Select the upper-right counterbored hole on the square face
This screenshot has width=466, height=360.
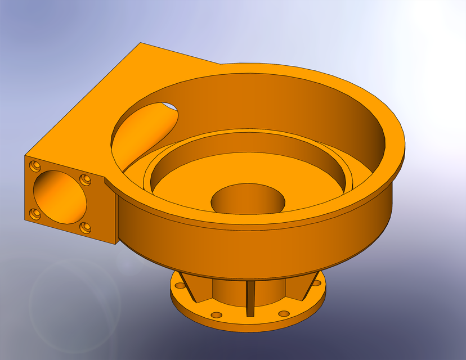point(85,179)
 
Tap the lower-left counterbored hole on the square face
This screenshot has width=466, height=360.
point(35,214)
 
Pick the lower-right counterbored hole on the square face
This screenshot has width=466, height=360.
point(84,228)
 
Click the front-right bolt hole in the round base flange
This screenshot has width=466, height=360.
point(284,313)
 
